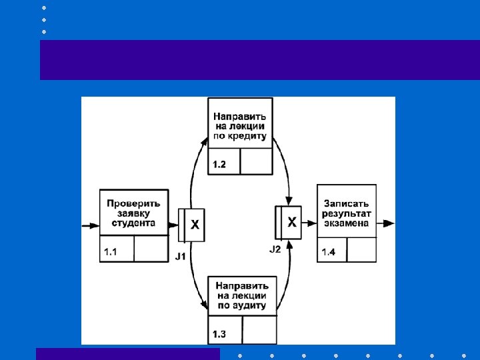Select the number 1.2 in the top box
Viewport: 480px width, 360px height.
[220, 163]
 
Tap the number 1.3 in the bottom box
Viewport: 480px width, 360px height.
[219, 333]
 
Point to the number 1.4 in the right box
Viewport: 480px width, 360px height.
[329, 252]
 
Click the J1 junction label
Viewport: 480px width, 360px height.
[180, 255]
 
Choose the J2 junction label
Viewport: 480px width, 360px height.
[275, 249]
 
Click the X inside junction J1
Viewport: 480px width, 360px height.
[195, 225]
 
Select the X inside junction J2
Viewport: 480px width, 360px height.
[292, 223]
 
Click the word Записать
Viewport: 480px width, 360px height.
[347, 203]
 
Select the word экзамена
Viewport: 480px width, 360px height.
[347, 223]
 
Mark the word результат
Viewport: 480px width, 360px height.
[347, 213]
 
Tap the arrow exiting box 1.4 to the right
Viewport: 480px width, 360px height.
[387, 223]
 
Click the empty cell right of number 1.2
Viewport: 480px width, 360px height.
[255, 161]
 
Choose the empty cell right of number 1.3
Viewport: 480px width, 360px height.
[259, 329]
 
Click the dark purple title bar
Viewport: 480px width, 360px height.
[260, 60]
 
